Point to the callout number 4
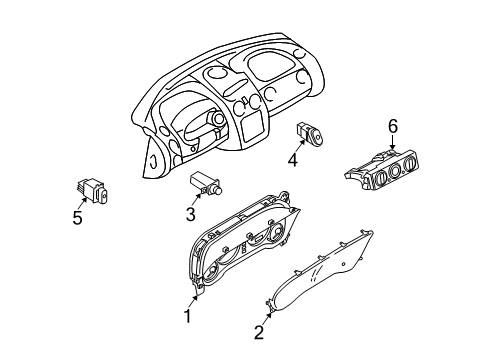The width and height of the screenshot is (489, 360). [292, 158]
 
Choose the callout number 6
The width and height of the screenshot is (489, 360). [393, 125]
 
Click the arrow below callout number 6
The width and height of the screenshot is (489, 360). [391, 143]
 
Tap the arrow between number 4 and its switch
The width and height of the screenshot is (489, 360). [297, 145]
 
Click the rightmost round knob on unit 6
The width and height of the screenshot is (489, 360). [411, 171]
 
